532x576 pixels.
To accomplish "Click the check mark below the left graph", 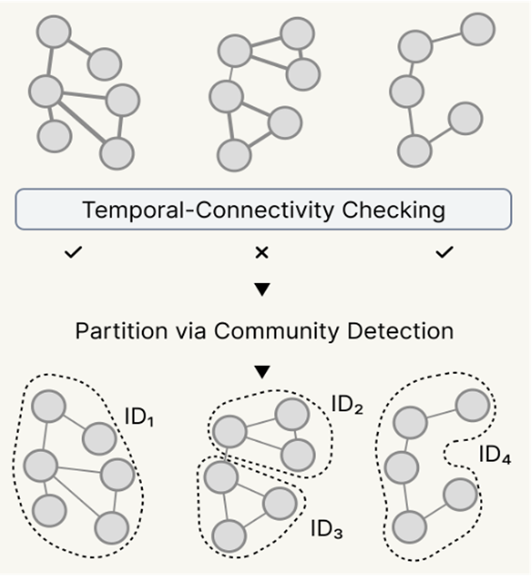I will tap(77, 254).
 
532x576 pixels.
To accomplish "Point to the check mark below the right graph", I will tap(445, 253).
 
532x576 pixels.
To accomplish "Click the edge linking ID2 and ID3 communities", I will tap(225, 453).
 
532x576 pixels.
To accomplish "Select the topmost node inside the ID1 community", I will tap(48, 407).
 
